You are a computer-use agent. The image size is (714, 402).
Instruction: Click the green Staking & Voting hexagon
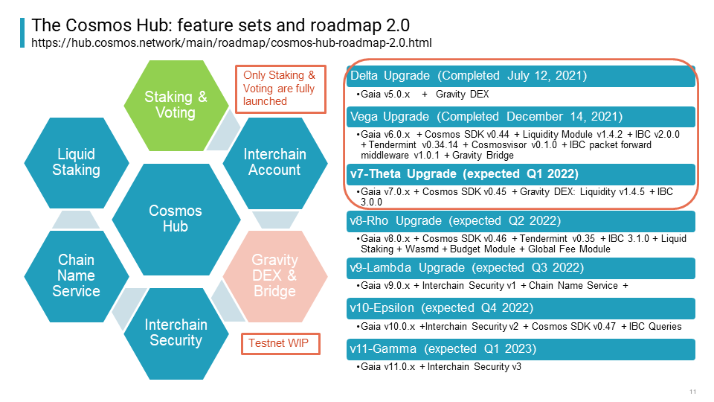coord(176,105)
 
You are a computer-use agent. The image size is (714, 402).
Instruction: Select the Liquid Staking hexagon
coord(77,163)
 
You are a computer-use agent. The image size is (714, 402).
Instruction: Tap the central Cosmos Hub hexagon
coord(176,219)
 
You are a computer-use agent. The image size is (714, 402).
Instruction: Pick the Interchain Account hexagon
coord(275,163)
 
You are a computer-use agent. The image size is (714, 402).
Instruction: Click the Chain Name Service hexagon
coord(77,276)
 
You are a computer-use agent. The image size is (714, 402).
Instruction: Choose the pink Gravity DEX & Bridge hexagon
coord(275,276)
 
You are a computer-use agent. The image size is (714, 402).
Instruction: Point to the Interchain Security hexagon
coord(176,334)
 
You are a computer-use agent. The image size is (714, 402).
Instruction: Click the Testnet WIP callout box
coord(280,344)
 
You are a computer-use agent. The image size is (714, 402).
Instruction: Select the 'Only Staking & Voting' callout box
coord(280,89)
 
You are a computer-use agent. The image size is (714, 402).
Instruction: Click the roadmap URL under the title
coord(231,43)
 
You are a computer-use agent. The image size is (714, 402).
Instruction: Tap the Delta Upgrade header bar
coord(521,76)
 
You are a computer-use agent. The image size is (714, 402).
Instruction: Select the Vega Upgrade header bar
coord(521,117)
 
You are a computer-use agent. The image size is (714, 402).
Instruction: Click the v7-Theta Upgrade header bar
coord(521,174)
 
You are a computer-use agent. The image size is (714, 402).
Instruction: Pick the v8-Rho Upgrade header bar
coord(521,221)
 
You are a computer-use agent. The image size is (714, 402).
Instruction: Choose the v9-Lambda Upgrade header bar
coord(521,268)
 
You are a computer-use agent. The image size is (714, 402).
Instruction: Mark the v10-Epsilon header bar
coord(521,308)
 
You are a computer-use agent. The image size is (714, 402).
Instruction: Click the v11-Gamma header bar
coord(521,349)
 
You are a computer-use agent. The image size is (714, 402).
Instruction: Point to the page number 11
coord(693,392)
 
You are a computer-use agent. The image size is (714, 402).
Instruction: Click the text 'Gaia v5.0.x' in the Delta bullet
coord(385,95)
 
